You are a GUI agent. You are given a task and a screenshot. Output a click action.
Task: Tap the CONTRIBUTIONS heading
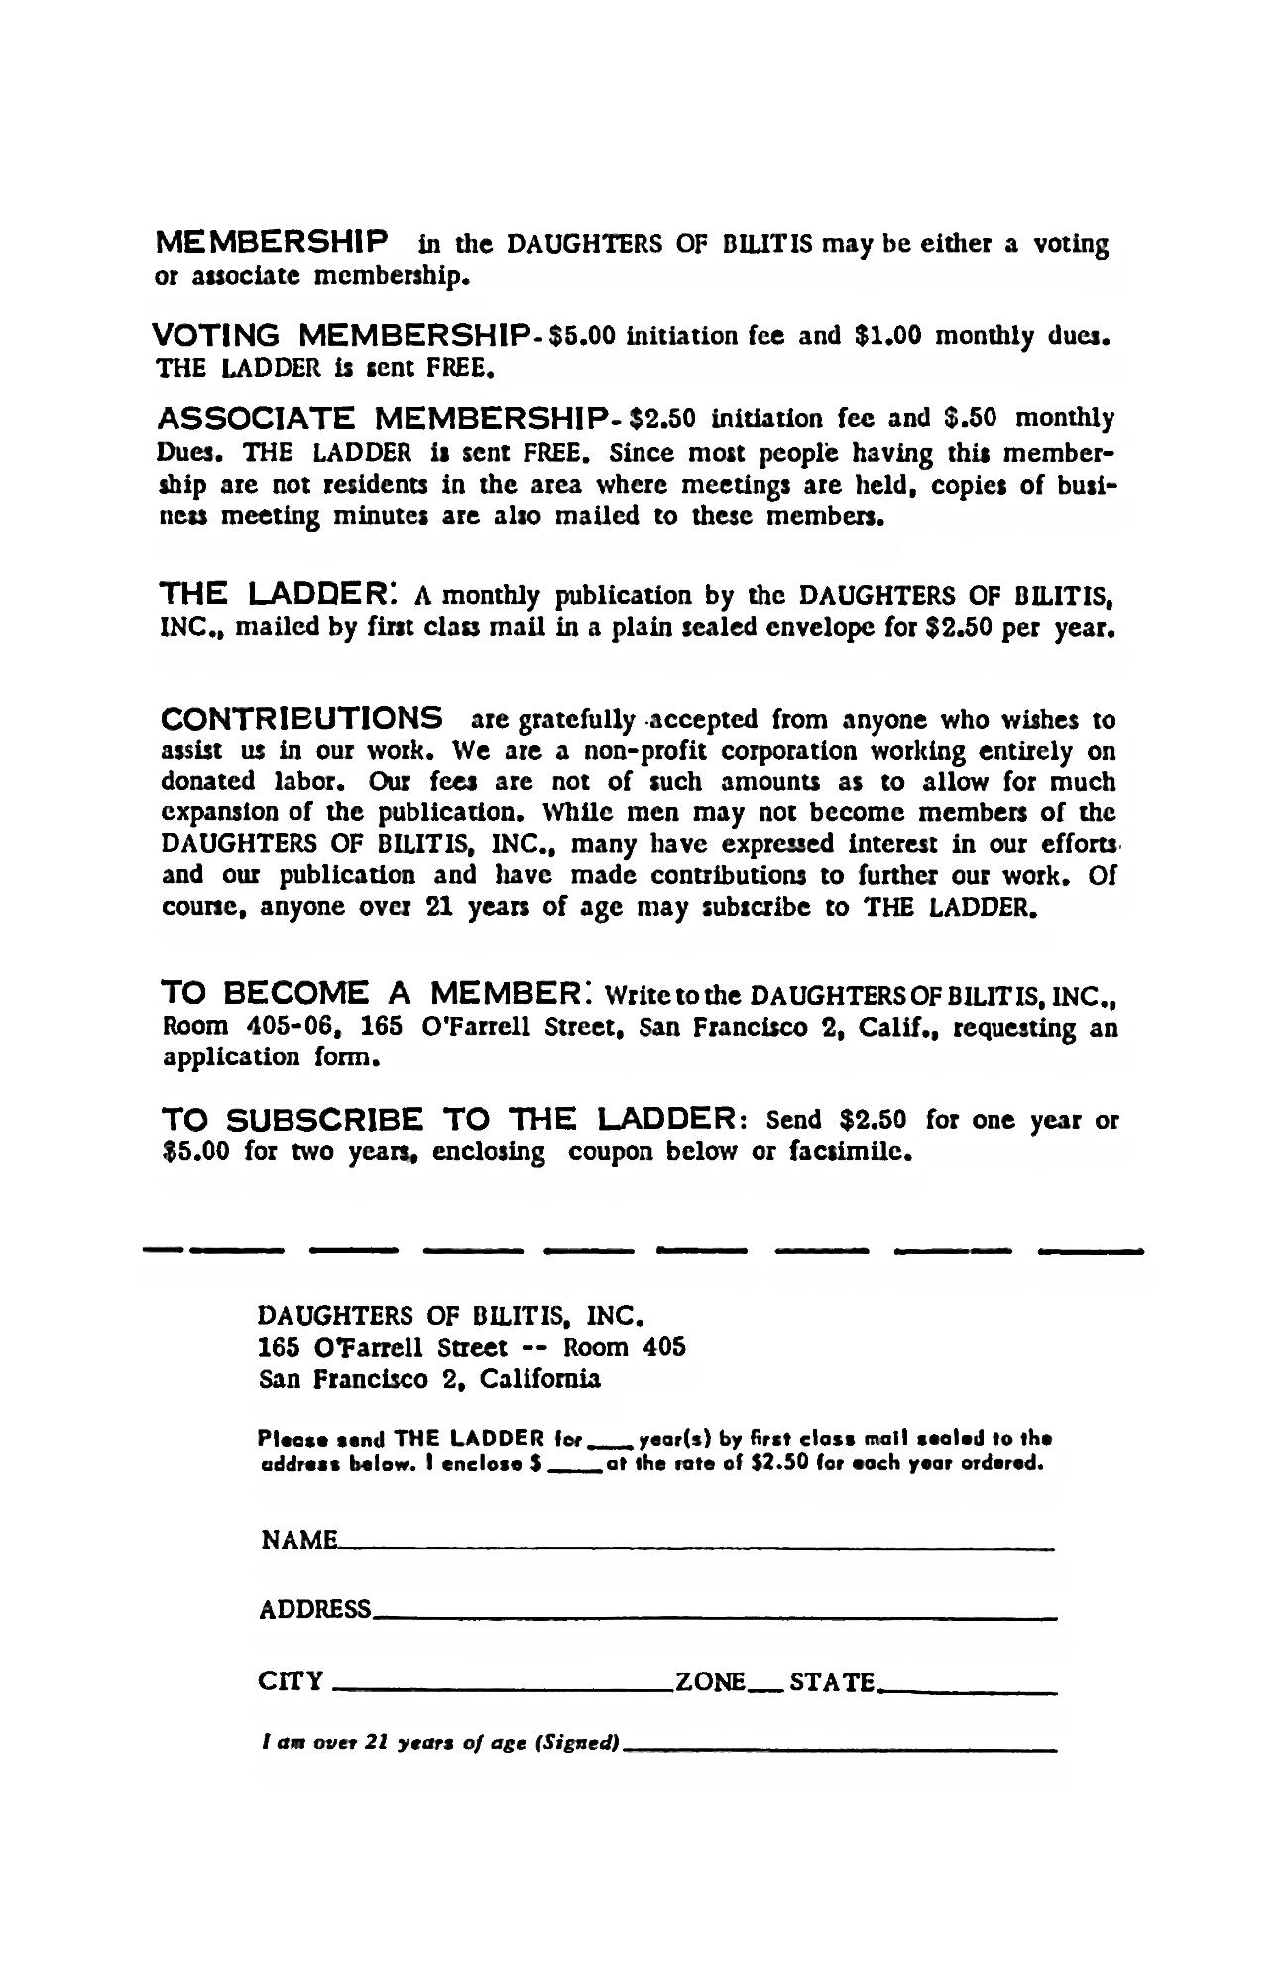301,717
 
